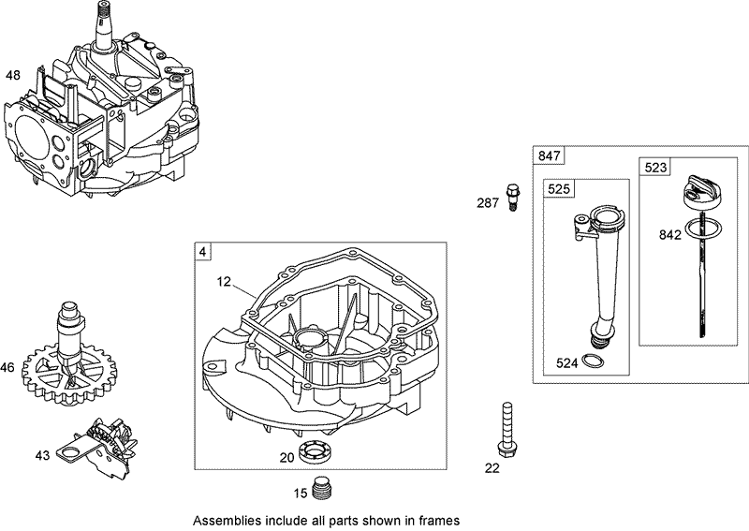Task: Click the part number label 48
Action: point(13,75)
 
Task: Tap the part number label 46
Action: point(8,368)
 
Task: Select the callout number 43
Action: point(42,455)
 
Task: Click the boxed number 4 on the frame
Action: point(202,251)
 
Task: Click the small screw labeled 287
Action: point(511,197)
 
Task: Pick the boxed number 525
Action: point(559,189)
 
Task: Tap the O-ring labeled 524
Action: point(593,362)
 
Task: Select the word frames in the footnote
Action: point(440,519)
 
